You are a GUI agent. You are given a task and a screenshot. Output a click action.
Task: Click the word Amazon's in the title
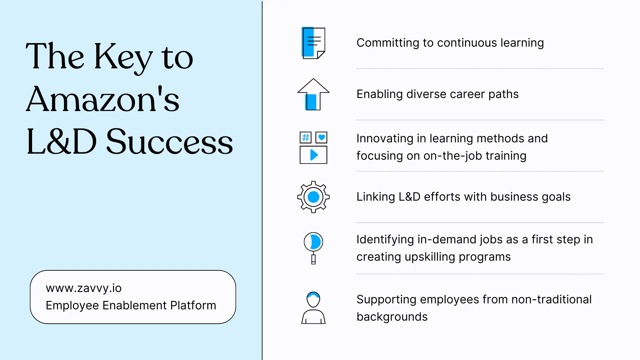[x=103, y=99]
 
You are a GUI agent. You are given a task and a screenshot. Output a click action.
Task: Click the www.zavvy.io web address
[x=84, y=288]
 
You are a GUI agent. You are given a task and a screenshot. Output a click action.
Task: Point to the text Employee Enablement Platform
[x=131, y=305]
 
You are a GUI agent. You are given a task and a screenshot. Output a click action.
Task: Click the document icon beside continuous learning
[x=313, y=43]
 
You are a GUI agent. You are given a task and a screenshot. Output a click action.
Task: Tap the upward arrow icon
[x=313, y=94]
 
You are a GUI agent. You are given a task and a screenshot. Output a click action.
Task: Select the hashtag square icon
[x=305, y=137]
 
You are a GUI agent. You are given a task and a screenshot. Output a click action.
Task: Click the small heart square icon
[x=321, y=137]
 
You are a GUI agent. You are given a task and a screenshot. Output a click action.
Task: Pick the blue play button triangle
[x=314, y=155]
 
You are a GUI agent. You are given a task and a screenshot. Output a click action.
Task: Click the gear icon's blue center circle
[x=313, y=197]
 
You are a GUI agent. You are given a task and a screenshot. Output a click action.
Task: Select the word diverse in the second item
[x=426, y=94]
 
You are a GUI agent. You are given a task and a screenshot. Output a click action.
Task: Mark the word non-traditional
[x=551, y=299]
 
